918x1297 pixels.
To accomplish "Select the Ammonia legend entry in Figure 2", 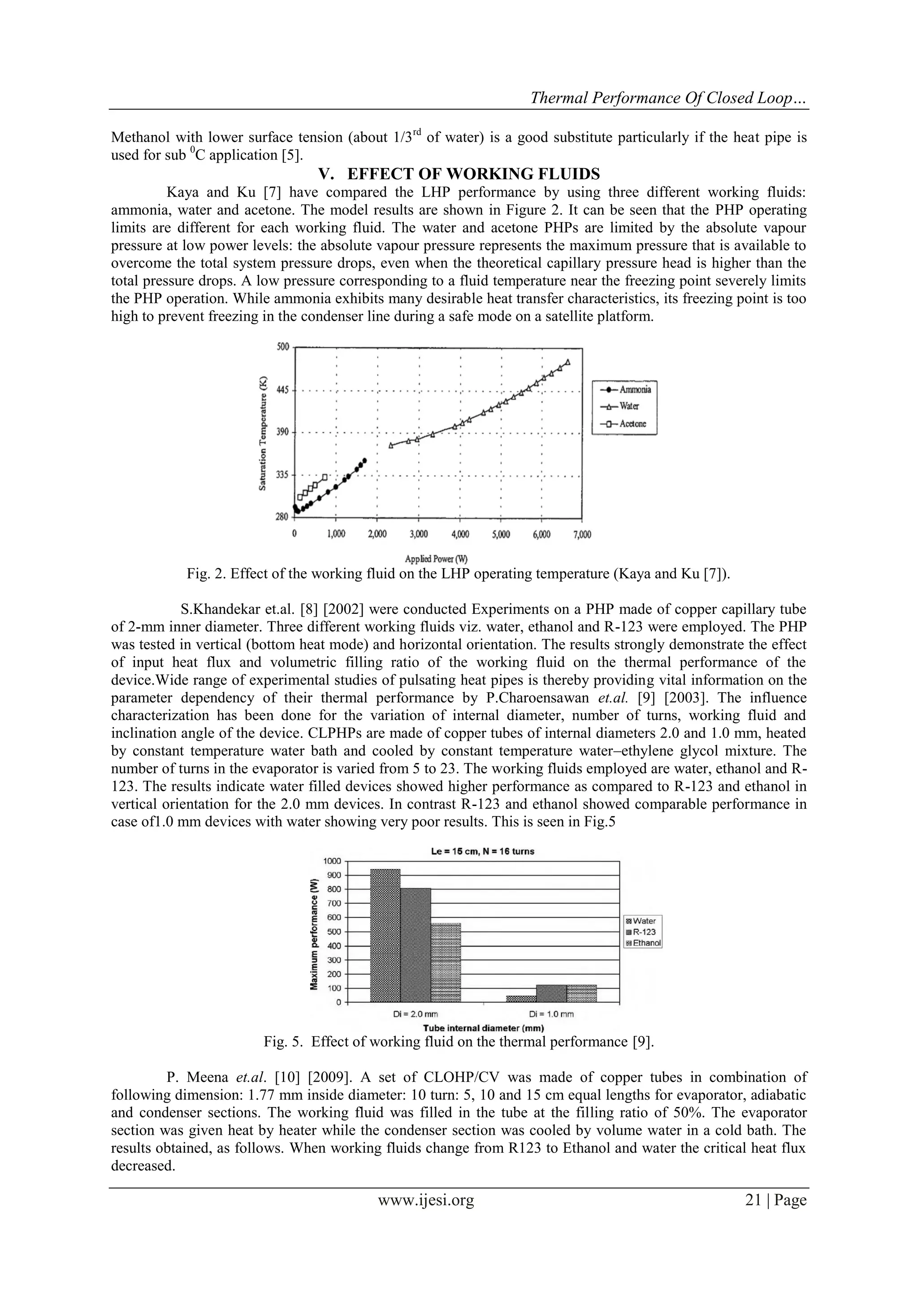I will click(624, 390).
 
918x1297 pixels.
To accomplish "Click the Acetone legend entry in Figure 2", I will click(624, 424).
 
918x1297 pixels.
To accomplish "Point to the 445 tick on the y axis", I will click(283, 390).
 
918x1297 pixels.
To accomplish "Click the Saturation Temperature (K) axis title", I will click(263, 433).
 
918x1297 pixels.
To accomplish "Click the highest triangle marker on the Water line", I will click(567, 362).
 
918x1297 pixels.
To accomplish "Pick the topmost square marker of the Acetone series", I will click(325, 477).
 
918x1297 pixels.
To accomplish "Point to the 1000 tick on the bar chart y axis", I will click(333, 861).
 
